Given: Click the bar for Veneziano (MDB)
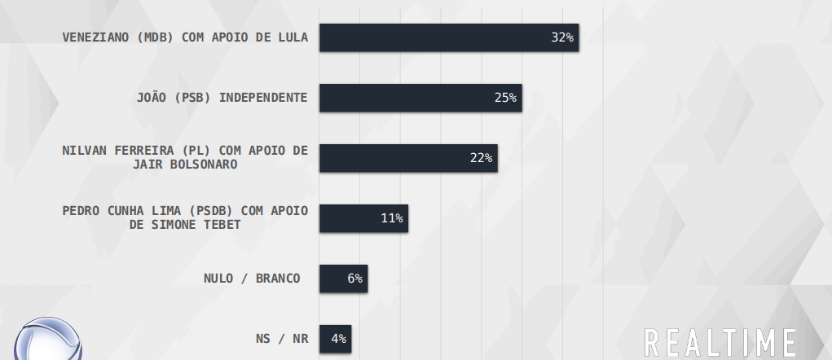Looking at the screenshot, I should [448, 37].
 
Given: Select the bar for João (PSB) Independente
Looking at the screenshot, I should [420, 98].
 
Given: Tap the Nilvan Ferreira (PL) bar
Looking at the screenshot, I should [407, 158].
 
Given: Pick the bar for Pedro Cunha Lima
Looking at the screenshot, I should [363, 218].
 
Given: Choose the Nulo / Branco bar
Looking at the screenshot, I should [342, 279].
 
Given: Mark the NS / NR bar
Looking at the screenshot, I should [334, 338].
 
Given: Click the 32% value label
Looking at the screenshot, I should [562, 37].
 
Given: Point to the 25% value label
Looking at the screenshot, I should [505, 98].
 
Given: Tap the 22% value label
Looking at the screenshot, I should [481, 158].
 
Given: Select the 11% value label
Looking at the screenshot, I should [391, 218].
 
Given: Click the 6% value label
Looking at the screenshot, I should [354, 279].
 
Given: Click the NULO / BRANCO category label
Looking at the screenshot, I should [252, 279].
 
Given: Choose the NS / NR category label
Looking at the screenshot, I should [282, 338].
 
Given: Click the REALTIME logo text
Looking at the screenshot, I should [720, 342].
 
